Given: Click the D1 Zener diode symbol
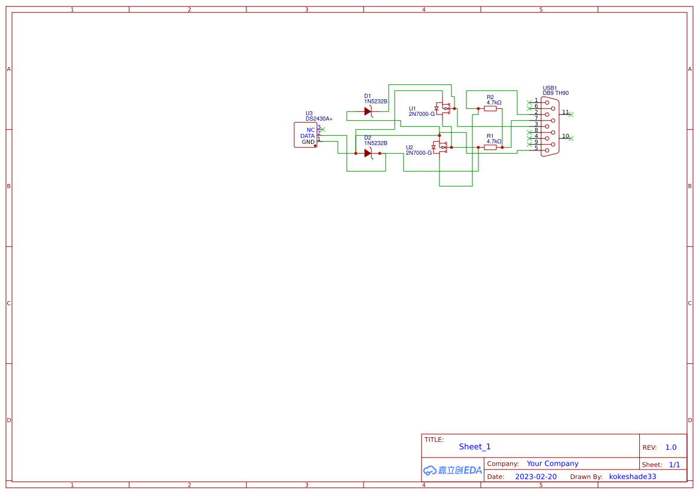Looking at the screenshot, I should [x=368, y=111].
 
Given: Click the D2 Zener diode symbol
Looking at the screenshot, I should [x=368, y=153].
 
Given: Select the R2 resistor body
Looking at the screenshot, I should [x=490, y=109].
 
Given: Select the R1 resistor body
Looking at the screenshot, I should [x=490, y=147].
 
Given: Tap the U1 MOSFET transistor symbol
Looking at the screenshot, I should [x=443, y=109].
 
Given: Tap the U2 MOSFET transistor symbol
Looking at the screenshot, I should [x=441, y=147].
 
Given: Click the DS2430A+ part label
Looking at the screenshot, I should [x=319, y=119].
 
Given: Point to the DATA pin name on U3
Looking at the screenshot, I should [x=307, y=136].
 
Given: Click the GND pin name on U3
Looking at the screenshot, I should [x=308, y=142].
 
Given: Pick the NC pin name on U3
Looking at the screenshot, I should [x=310, y=130].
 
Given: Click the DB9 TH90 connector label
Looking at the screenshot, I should [x=555, y=93].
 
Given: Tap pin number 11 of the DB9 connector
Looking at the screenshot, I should [x=565, y=112].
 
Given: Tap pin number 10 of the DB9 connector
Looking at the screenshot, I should [x=565, y=136].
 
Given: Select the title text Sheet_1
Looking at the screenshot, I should [x=475, y=447].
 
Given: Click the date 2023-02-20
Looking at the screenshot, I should [x=536, y=477].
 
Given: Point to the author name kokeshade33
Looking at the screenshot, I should [x=633, y=477].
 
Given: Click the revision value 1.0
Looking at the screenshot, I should [x=671, y=447].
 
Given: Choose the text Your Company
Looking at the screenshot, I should [x=553, y=464].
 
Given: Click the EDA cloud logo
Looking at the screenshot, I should [x=452, y=470].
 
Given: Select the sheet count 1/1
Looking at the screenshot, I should [x=674, y=465].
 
